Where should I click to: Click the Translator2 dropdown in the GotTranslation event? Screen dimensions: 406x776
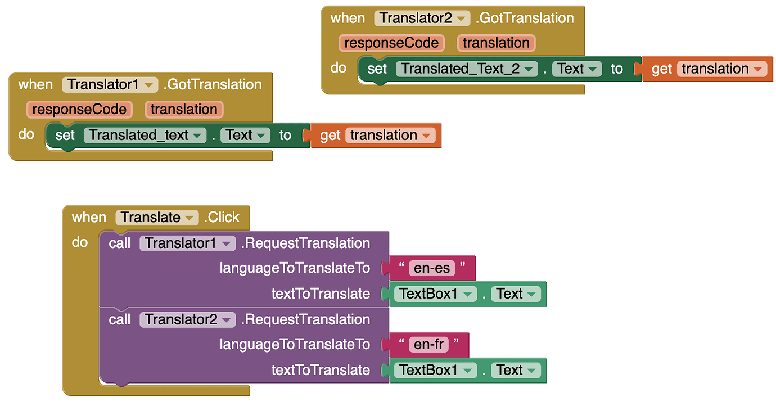click(422, 18)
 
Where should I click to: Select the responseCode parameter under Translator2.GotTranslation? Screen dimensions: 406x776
click(391, 43)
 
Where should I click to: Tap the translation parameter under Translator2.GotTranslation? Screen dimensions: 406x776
click(496, 43)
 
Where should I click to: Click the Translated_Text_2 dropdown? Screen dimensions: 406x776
click(466, 69)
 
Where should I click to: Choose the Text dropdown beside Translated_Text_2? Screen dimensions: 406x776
click(576, 69)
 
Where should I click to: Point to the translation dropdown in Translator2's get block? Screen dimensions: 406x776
click(721, 69)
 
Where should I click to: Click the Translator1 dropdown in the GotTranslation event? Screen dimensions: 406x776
click(110, 84)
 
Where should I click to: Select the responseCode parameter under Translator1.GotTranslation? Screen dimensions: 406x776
click(79, 109)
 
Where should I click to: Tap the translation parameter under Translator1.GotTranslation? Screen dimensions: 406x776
click(184, 109)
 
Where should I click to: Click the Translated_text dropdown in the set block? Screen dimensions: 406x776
click(145, 136)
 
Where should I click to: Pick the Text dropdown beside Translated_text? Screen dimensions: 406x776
click(245, 136)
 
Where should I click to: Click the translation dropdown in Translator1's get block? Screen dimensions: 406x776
click(390, 136)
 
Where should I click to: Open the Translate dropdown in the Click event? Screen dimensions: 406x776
click(157, 218)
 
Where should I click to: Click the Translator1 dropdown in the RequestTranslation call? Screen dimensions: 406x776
click(187, 243)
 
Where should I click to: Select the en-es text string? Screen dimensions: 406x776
click(432, 268)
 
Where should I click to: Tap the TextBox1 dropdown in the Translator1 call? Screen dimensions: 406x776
click(435, 294)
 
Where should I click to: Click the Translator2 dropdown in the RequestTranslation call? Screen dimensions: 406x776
click(187, 320)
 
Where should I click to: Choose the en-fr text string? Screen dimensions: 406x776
click(429, 345)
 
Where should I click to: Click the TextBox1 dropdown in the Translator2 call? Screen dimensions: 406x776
click(435, 370)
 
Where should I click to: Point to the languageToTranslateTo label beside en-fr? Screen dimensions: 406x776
click(295, 345)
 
